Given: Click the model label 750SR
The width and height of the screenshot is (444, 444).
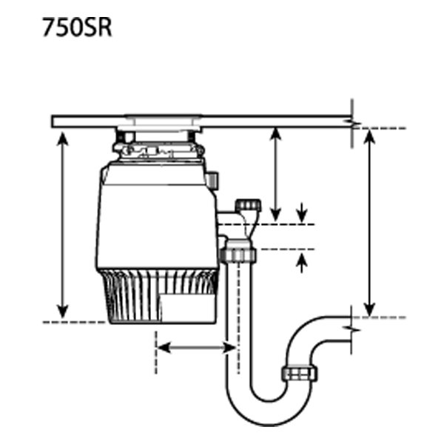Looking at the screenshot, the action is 77,27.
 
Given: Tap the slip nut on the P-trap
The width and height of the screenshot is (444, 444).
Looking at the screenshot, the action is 300,374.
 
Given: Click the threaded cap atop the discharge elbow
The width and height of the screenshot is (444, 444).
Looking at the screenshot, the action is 249,204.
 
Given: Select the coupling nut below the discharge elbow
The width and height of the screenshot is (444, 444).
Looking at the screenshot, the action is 238,255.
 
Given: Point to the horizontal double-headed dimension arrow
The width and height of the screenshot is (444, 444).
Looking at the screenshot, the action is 197,348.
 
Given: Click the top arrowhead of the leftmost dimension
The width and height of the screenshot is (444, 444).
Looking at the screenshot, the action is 62,138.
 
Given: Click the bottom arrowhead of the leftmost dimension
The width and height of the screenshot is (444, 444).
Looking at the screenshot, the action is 62,312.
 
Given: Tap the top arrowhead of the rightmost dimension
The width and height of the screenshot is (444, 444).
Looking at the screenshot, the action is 369,136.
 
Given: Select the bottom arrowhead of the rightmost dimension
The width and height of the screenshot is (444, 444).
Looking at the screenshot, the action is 369,309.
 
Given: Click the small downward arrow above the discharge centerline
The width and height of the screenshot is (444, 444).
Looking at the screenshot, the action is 302,213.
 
